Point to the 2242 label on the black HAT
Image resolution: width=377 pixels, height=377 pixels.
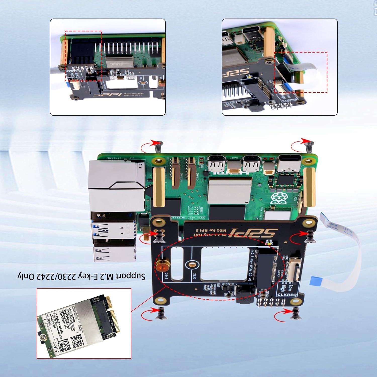point(166,276)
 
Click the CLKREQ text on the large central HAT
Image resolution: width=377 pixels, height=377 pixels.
point(287,295)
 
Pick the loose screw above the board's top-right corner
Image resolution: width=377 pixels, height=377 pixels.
point(309,147)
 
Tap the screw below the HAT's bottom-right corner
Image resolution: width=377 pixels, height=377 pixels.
point(295,313)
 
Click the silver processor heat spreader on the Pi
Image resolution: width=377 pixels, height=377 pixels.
point(230,190)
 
